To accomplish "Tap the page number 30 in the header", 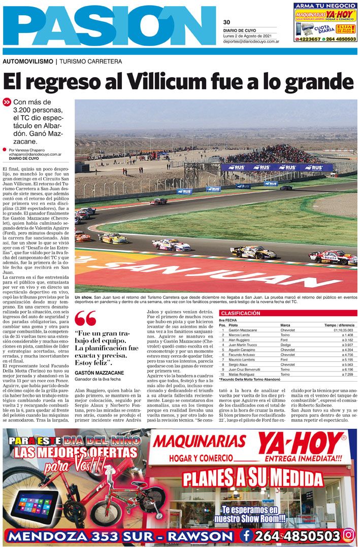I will pos(226,22).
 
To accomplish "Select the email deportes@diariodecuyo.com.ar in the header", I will pos(250,42).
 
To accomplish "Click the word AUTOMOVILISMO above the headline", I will pos(27,61).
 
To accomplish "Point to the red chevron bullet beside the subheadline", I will pos(7,102).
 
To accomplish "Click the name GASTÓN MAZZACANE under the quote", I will pos(99,372).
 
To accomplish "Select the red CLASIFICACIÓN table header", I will pos(241,314).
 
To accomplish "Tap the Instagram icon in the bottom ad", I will pos(349,535).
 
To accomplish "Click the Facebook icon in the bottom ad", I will pos(247,535).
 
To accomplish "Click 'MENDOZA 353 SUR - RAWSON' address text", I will pos(120,536).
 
